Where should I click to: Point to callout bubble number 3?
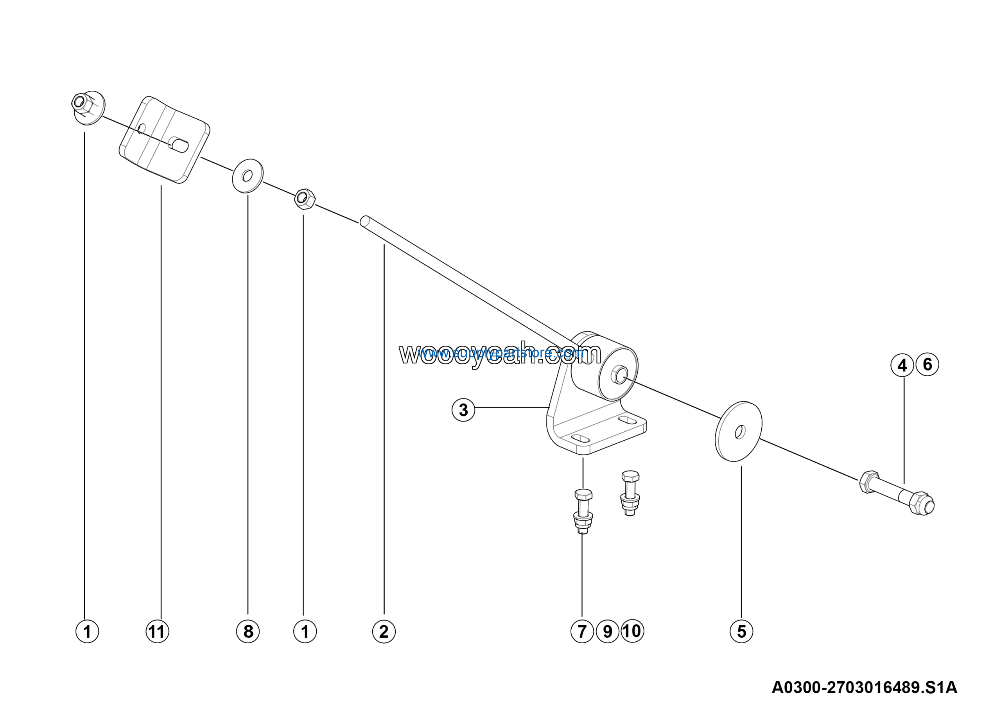[463, 410]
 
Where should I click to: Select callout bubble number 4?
[902, 365]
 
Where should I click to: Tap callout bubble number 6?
[927, 364]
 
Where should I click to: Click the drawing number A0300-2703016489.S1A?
[864, 687]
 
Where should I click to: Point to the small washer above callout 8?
[248, 176]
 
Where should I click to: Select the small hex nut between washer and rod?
[305, 199]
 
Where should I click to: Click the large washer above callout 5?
[739, 432]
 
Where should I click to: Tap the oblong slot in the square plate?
[179, 144]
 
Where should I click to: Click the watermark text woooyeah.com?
[500, 354]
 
